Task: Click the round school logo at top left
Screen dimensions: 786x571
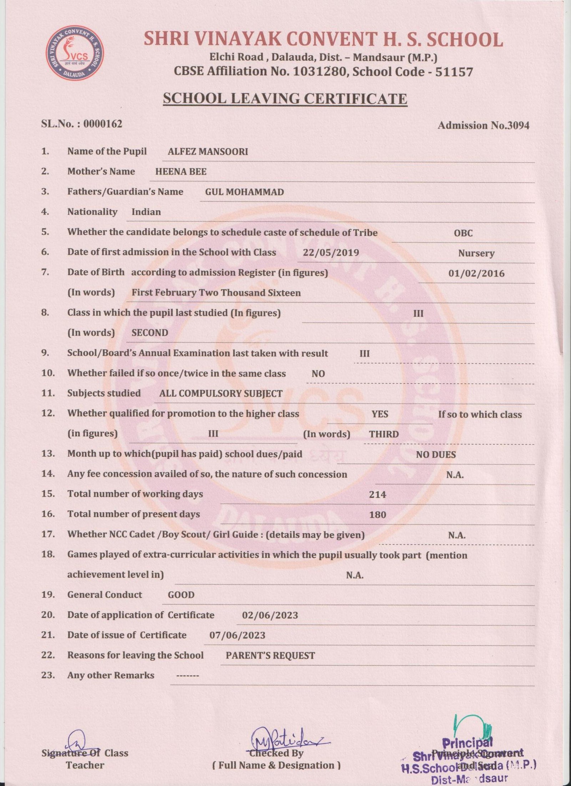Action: click(75, 53)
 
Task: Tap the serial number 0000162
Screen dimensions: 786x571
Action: click(103, 124)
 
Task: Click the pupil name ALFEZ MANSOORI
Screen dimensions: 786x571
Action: click(208, 151)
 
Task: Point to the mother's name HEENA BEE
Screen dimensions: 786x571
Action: click(181, 172)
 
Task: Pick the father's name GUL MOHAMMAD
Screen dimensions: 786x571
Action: click(244, 192)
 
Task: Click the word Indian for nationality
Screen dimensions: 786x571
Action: click(146, 212)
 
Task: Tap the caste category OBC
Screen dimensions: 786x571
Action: click(463, 233)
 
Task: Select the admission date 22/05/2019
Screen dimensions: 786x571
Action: click(331, 253)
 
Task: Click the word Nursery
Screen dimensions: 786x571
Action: click(476, 253)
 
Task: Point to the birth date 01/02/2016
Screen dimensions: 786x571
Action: click(476, 274)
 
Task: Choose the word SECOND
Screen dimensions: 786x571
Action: click(150, 333)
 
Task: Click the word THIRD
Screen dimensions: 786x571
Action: click(384, 434)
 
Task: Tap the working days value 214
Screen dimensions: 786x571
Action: click(378, 495)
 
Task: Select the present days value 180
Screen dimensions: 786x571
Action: click(378, 515)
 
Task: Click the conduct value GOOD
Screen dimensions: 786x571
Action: click(181, 595)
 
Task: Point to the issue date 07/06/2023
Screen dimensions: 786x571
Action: click(237, 635)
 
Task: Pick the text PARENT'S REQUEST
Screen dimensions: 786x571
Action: click(270, 656)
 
